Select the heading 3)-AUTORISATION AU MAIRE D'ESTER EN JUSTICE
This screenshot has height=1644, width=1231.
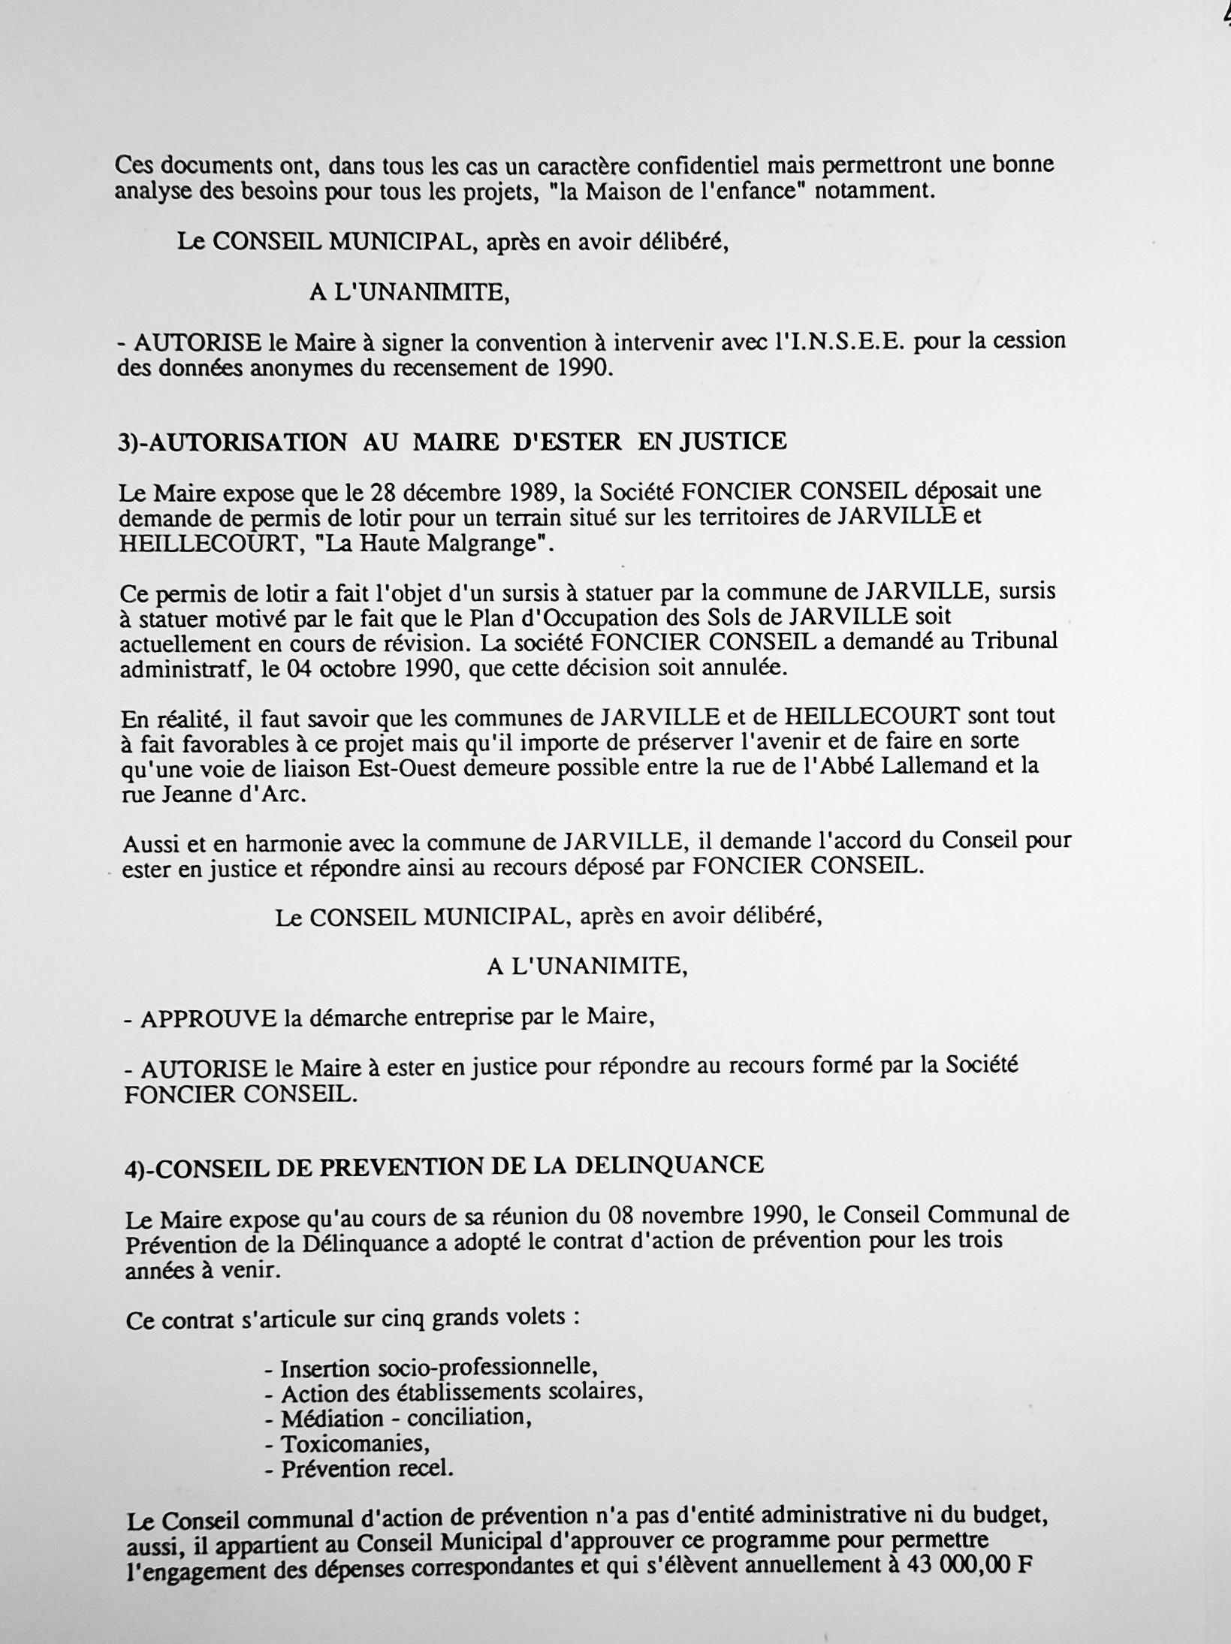(x=453, y=442)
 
